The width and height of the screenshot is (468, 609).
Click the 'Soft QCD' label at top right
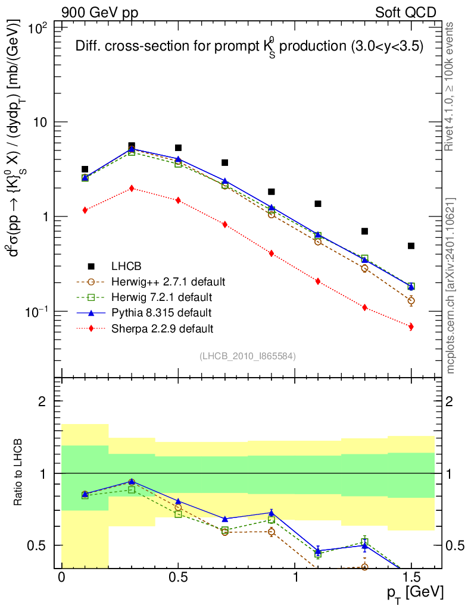pyautogui.click(x=405, y=12)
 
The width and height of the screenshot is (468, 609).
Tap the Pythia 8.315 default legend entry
pyautogui.click(x=161, y=312)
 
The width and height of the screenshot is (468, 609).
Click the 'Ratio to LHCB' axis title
pyautogui.click(x=19, y=473)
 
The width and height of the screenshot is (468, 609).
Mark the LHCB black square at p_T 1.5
pyautogui.click(x=411, y=246)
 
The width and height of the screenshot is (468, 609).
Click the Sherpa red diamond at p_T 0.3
pyautogui.click(x=132, y=188)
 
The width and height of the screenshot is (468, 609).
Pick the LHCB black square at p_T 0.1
pyautogui.click(x=85, y=169)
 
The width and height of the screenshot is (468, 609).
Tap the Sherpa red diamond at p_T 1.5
pyautogui.click(x=411, y=327)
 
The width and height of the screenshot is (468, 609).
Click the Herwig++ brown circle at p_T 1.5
pyautogui.click(x=411, y=300)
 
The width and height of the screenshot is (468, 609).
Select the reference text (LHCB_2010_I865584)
pyautogui.click(x=247, y=356)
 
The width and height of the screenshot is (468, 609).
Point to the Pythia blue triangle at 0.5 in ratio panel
pyautogui.click(x=178, y=501)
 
